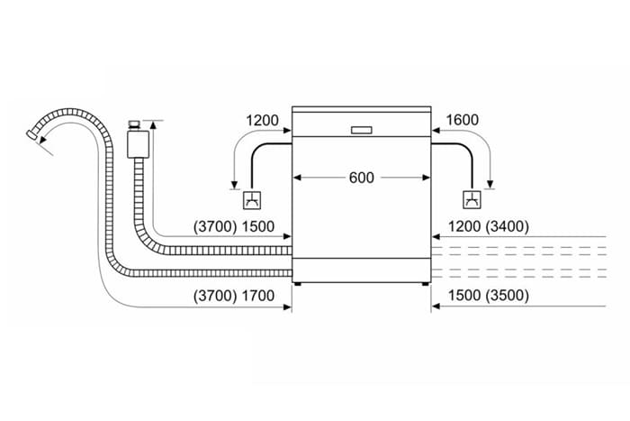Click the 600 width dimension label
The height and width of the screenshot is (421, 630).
[x=360, y=178]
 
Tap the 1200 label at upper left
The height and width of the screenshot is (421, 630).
[x=262, y=119]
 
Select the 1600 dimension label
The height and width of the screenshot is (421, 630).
[x=462, y=119]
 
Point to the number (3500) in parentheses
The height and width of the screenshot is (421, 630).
[x=507, y=295]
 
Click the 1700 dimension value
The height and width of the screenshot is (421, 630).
[x=258, y=295]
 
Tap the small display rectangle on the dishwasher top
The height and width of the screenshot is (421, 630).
[x=362, y=128]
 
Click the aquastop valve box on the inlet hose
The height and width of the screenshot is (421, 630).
[x=138, y=142]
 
